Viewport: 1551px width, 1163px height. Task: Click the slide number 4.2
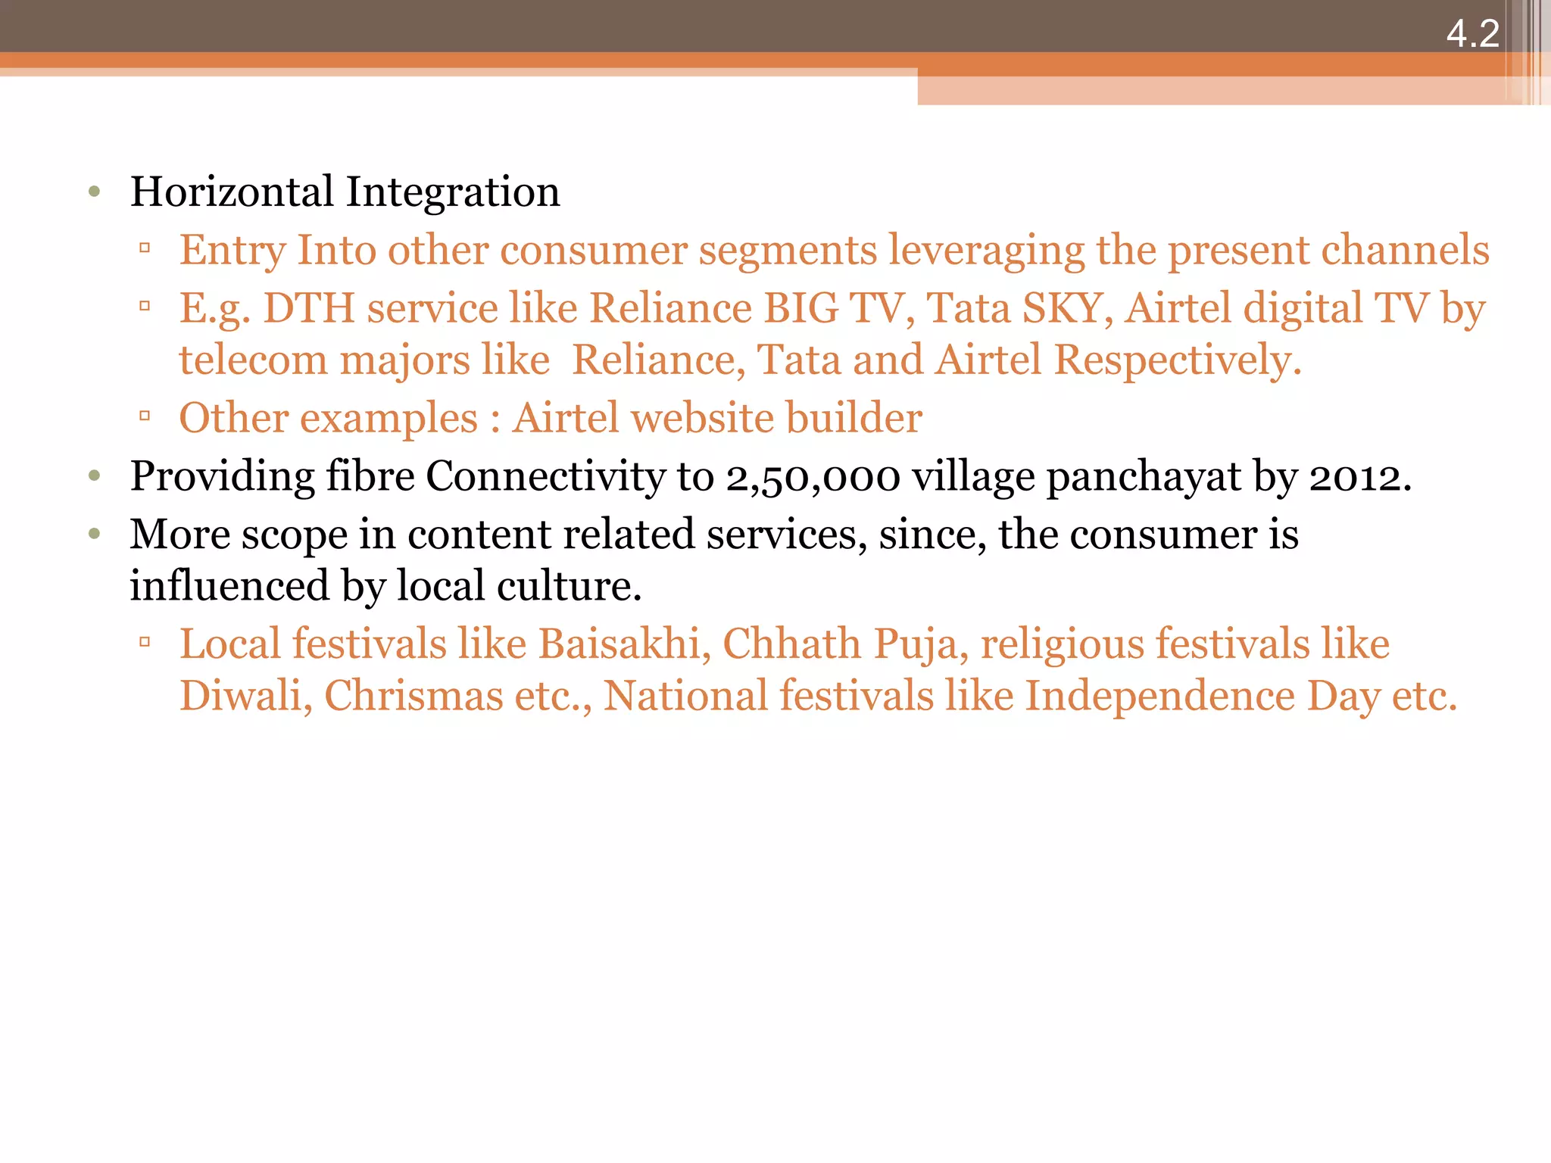[1472, 34]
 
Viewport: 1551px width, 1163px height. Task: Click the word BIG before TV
[801, 309]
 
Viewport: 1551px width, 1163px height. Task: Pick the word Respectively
[1178, 360]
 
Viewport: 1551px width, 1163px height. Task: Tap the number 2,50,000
[813, 478]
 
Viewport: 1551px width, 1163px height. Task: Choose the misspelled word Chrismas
[413, 696]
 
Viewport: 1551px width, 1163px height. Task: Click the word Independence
[1159, 697]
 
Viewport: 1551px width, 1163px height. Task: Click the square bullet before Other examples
[145, 416]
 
